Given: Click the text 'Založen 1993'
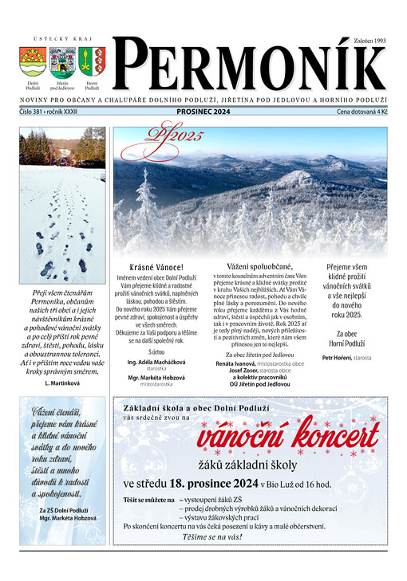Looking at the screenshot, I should pos(369,39).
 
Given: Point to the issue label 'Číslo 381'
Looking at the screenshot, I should pos(32,113).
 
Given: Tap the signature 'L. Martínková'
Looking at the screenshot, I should pos(57,383).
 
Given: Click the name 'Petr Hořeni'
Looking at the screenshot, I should pos(339,358).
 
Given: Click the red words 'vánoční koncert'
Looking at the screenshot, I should pos(288,438).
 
